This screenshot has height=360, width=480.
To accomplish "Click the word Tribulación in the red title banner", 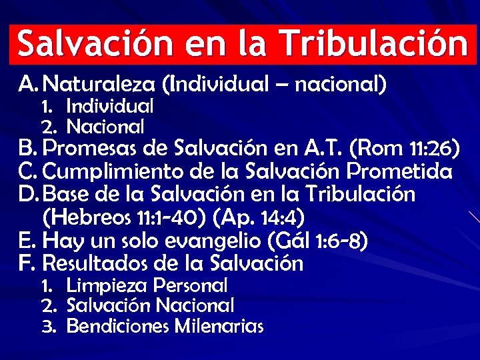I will (x=373, y=44).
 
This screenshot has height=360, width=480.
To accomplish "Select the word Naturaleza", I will (x=106, y=85).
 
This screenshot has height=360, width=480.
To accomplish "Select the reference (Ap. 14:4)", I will (x=263, y=217).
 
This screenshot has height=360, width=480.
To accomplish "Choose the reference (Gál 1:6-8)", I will (x=323, y=240).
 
